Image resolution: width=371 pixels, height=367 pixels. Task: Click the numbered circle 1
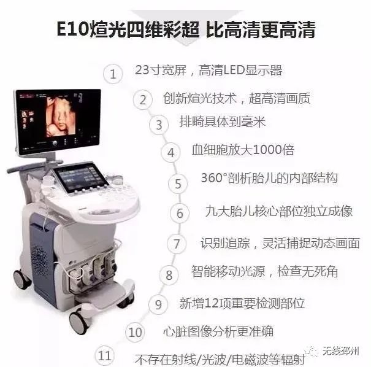[x=112, y=74]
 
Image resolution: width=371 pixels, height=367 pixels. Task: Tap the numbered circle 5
[x=178, y=183]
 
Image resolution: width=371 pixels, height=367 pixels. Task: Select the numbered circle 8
[x=169, y=274]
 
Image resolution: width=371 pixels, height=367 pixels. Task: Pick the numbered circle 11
[x=105, y=355]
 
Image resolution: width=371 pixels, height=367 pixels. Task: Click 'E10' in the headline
[x=69, y=29]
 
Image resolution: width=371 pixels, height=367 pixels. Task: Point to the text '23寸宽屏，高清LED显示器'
[x=208, y=70]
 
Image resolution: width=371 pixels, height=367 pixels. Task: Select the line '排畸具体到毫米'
[x=222, y=122]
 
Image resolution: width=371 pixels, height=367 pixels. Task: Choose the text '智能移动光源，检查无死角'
[x=264, y=271]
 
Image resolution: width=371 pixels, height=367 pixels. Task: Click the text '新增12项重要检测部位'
[x=242, y=303]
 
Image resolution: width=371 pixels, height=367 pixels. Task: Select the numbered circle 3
[x=159, y=125]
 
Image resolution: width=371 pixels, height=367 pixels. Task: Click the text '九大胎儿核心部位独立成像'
[x=278, y=211]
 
